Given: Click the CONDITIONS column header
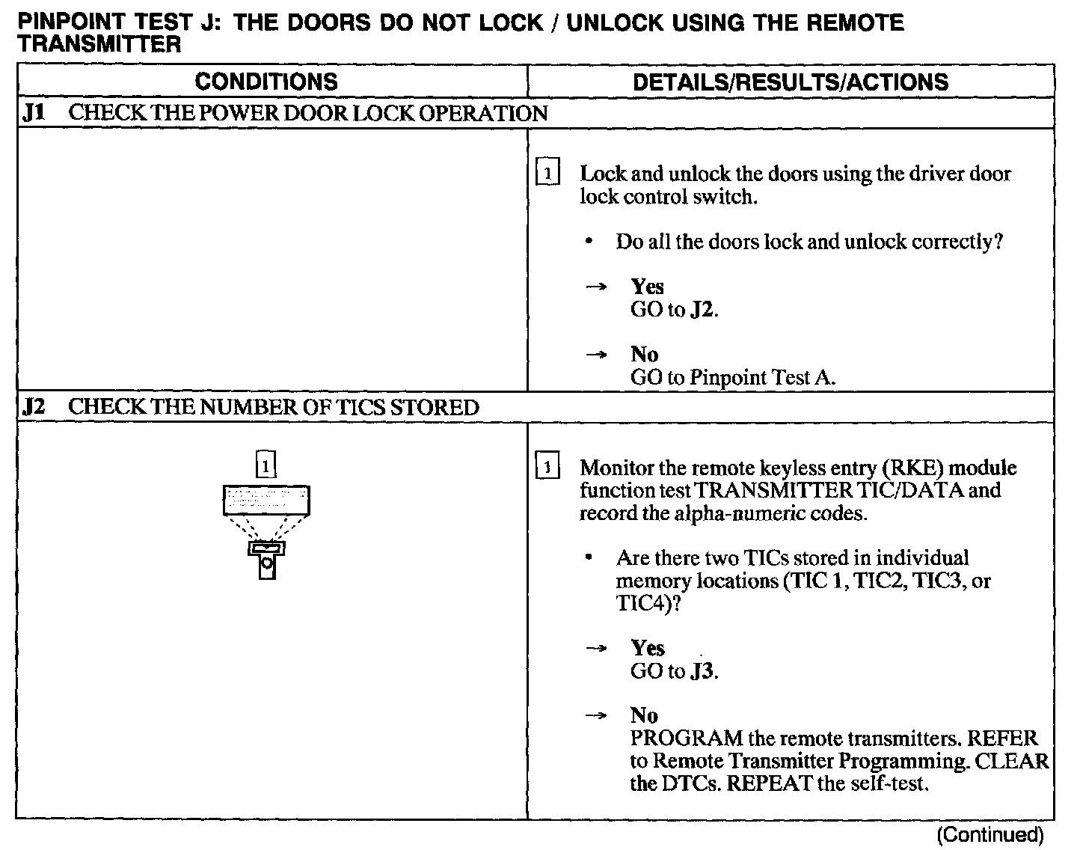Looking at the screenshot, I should pyautogui.click(x=266, y=82).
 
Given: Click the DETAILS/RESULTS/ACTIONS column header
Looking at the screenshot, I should pyautogui.click(x=791, y=82).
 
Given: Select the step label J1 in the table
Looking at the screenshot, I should pyautogui.click(x=34, y=114).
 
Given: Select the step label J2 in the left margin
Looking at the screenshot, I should pyautogui.click(x=34, y=408).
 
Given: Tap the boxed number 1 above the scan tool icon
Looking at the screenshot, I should pyautogui.click(x=266, y=465).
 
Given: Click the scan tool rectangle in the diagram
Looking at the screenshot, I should pyautogui.click(x=266, y=500).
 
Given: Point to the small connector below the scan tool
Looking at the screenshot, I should pyautogui.click(x=266, y=560).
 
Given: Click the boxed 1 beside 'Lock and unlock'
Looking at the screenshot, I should pyautogui.click(x=548, y=174).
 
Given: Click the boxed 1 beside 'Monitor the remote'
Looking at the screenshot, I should pyautogui.click(x=548, y=468).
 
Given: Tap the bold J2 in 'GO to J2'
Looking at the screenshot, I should pyautogui.click(x=702, y=310).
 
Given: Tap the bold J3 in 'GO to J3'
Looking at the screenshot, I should pyautogui.click(x=702, y=671).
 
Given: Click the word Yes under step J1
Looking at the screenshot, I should pyautogui.click(x=647, y=287).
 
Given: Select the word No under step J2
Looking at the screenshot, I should pyautogui.click(x=644, y=715).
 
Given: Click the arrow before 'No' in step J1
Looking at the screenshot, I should pyautogui.click(x=596, y=355).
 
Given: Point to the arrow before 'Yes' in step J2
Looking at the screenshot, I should pyautogui.click(x=596, y=649).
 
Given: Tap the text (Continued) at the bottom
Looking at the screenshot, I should pyautogui.click(x=989, y=834).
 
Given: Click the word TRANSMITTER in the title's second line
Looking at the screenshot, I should pyautogui.click(x=99, y=44).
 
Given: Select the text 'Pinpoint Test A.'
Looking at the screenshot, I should pyautogui.click(x=762, y=378).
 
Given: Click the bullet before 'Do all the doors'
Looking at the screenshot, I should pyautogui.click(x=590, y=242).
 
